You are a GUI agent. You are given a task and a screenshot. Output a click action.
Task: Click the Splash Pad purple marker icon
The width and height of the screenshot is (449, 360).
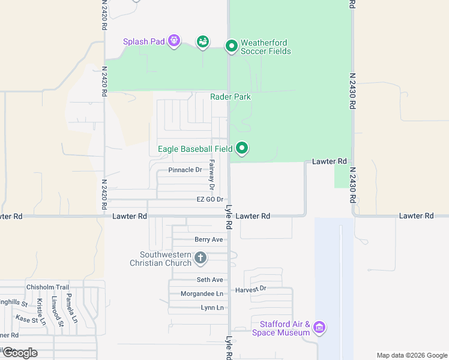pyautogui.click(x=174, y=41)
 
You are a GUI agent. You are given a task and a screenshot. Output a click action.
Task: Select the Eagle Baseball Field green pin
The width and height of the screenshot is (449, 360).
pyautogui.click(x=242, y=148)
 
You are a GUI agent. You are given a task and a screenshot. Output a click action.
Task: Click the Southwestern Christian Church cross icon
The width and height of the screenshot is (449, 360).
pyautogui.click(x=200, y=258)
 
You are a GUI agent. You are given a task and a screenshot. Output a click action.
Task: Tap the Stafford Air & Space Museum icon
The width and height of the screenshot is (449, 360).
pyautogui.click(x=319, y=328)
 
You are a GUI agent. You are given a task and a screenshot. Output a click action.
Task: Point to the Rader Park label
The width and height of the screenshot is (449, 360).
pyautogui.click(x=230, y=97)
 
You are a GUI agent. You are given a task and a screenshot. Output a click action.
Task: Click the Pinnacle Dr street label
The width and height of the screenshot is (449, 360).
pyautogui.click(x=185, y=170)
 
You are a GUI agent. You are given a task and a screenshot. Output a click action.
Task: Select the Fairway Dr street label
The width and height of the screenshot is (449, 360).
pyautogui.click(x=211, y=171)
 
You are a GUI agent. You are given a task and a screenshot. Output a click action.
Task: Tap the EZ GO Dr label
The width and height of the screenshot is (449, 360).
pyautogui.click(x=209, y=199)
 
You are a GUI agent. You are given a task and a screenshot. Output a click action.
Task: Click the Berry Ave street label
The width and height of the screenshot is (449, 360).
pyautogui.click(x=208, y=239)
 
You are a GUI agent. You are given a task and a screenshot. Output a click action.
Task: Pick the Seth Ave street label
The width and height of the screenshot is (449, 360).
pyautogui.click(x=209, y=280)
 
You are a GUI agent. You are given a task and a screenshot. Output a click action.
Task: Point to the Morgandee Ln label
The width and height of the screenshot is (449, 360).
pyautogui.click(x=202, y=293)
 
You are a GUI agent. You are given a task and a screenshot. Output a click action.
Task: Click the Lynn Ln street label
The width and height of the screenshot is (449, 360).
pyautogui.click(x=212, y=308)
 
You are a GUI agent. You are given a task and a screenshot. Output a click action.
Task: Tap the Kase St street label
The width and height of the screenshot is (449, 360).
pyautogui.click(x=30, y=319)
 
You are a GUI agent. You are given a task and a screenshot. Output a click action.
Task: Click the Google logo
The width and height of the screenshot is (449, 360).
pyautogui.click(x=19, y=353)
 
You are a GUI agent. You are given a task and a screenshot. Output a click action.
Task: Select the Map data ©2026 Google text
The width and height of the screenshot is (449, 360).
pyautogui.click(x=411, y=355)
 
